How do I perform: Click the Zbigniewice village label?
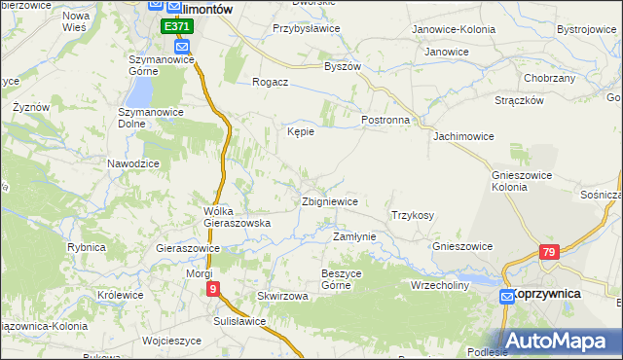(x=330, y=201)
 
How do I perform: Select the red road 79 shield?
(x=550, y=253)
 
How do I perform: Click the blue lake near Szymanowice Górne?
(x=140, y=91)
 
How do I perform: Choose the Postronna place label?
(x=385, y=119)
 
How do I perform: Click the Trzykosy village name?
(x=412, y=215)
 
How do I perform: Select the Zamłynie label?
(x=354, y=236)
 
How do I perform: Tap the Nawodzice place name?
(x=133, y=163)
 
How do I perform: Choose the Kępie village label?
(x=300, y=132)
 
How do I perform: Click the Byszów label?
(x=343, y=66)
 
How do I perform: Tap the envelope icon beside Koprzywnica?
(x=507, y=296)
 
